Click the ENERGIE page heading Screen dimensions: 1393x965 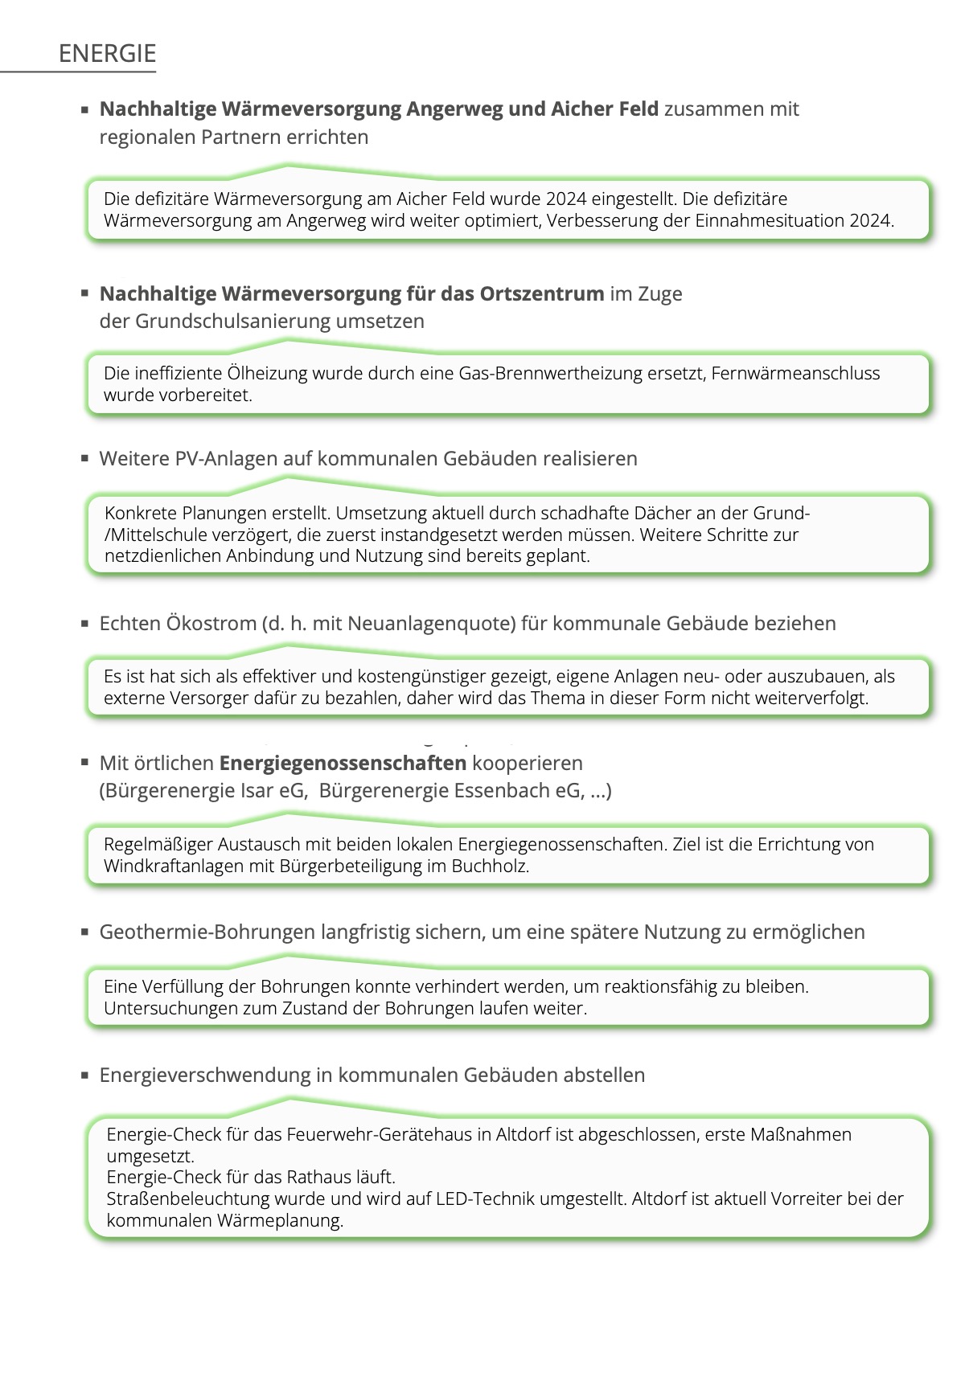(x=107, y=54)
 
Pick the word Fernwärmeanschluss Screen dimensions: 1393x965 (x=795, y=373)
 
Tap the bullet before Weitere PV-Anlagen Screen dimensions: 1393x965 (x=84, y=458)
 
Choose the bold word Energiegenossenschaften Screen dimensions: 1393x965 (x=343, y=764)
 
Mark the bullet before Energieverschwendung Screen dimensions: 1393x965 (x=84, y=1075)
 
